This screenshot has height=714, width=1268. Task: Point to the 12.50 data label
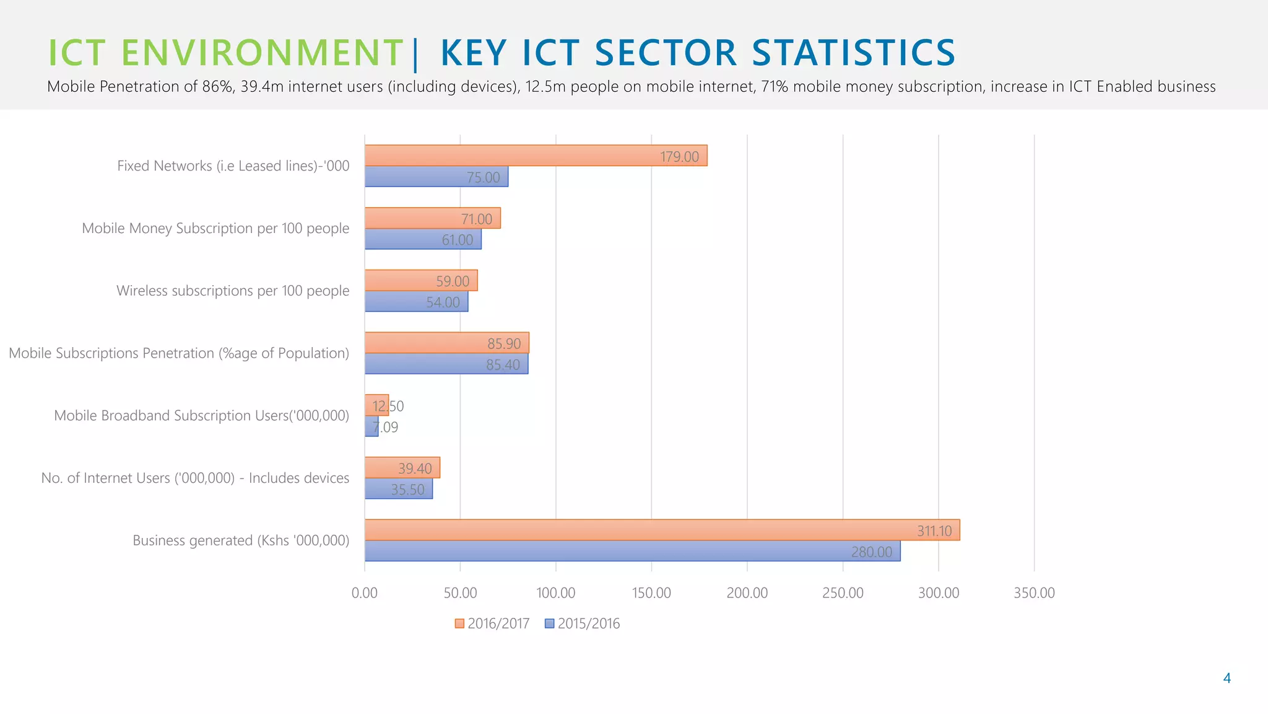(388, 406)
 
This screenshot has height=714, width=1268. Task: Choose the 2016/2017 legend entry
(492, 624)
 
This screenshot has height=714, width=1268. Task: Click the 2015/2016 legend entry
(583, 624)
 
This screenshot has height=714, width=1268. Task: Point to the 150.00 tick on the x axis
(651, 593)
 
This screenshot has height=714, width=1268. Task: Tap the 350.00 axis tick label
(1034, 593)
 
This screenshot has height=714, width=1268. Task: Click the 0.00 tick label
(365, 593)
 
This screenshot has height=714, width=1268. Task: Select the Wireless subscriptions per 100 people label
(233, 291)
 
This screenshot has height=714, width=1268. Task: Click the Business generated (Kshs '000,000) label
(241, 540)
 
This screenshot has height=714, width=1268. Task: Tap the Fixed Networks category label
(233, 166)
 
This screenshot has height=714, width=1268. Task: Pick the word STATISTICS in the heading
(854, 53)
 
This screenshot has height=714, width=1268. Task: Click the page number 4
(1227, 678)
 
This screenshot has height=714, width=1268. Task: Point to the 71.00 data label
(476, 219)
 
